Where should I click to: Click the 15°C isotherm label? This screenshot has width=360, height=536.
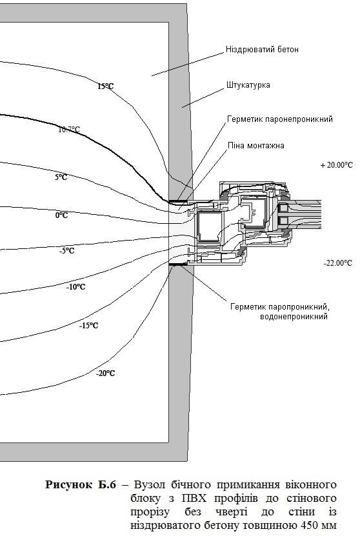106,86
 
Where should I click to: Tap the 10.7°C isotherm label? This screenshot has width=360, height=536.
70,130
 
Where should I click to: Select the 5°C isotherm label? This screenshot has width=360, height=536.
61,177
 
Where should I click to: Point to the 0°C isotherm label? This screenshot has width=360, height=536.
61,215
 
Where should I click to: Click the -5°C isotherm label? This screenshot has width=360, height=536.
66,251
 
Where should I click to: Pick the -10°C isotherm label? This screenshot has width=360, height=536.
76,287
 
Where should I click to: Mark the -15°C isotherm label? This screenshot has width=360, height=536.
88,326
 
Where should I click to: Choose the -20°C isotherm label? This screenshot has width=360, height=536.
106,373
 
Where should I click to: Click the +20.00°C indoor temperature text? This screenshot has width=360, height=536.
336,165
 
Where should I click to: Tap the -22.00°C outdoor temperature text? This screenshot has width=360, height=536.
338,263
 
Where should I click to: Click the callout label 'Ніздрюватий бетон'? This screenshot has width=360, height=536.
262,50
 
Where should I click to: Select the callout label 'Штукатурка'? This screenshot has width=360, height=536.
248,84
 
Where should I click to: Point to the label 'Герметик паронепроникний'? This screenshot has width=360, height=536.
279,119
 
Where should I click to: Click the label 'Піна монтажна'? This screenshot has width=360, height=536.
256,146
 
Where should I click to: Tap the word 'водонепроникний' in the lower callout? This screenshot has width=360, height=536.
294,317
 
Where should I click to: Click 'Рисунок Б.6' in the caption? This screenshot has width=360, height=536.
81,485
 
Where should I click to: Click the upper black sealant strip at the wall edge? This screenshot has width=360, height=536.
178,201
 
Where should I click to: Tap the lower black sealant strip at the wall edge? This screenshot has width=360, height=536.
178,264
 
